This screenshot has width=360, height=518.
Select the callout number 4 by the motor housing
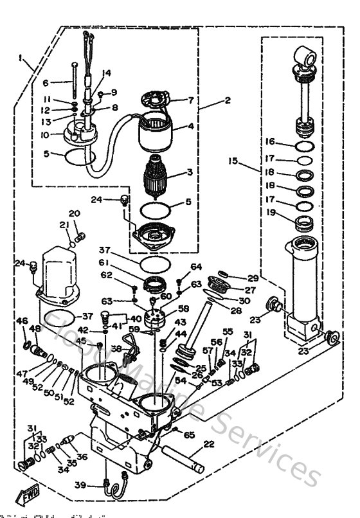[x=191, y=127]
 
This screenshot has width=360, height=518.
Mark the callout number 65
[x=189, y=435]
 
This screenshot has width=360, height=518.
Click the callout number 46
[x=22, y=321]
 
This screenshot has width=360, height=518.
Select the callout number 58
[x=184, y=309]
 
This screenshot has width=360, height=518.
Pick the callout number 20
[x=74, y=213]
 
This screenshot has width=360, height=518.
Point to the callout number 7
[x=190, y=100]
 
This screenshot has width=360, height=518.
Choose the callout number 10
[x=44, y=135]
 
